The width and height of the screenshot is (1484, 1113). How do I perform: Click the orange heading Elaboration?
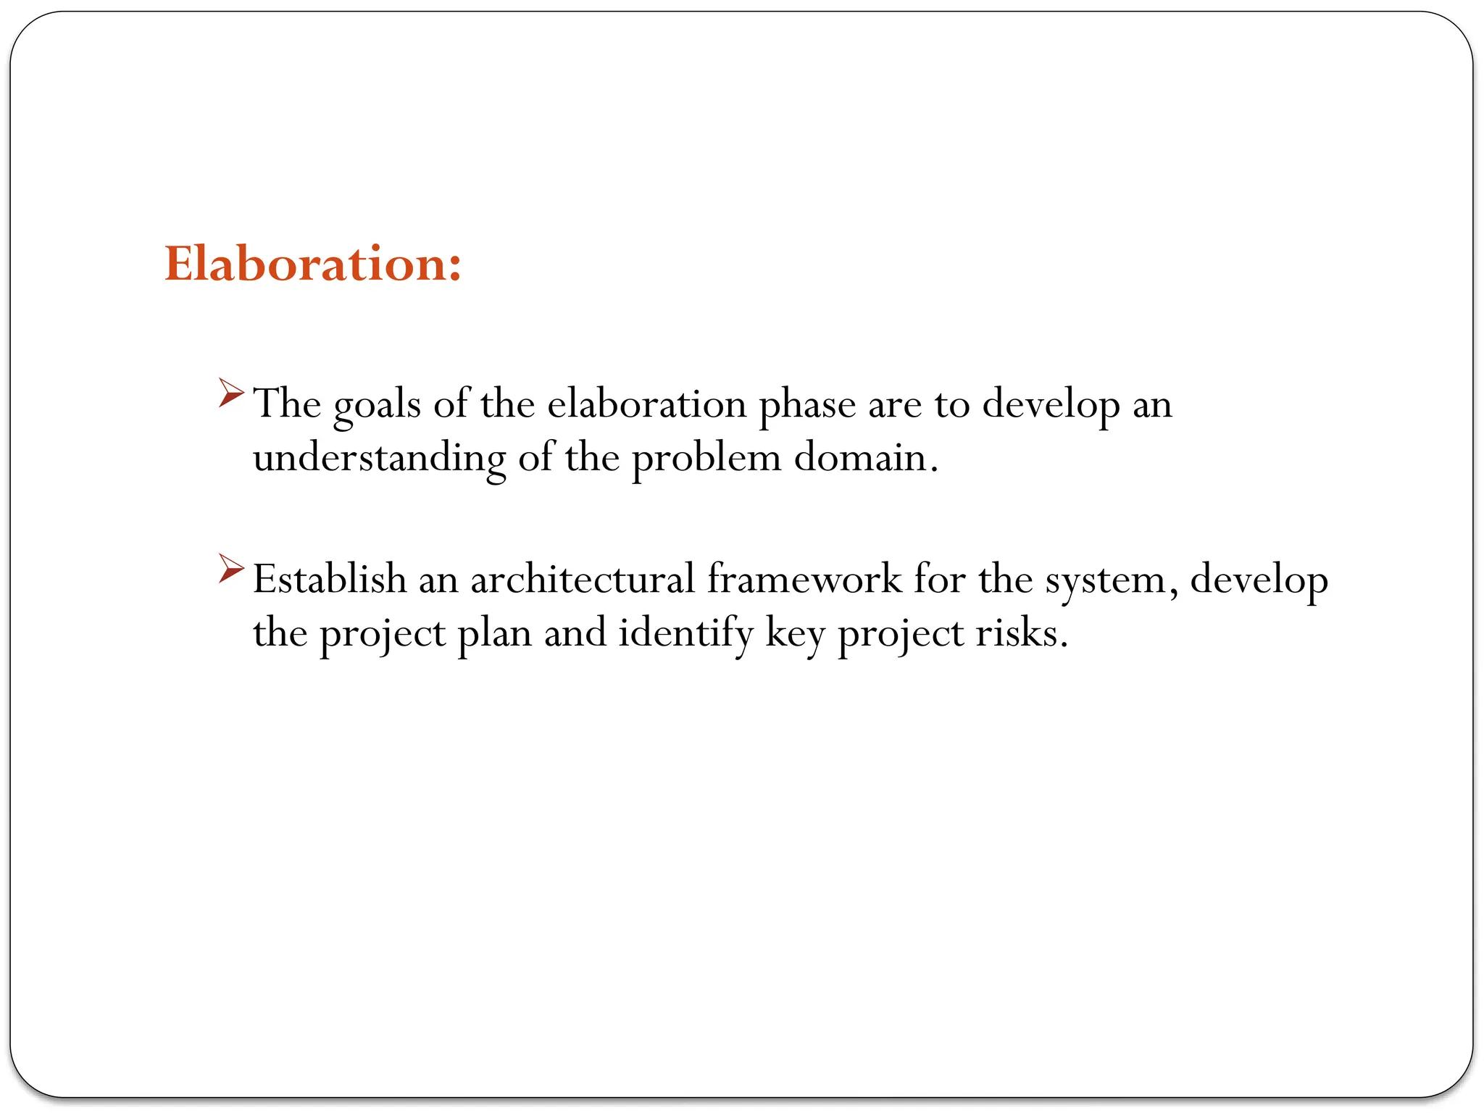click(312, 264)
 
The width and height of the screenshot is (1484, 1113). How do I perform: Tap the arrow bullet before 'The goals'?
click(231, 393)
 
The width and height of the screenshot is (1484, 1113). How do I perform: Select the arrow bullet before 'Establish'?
click(231, 569)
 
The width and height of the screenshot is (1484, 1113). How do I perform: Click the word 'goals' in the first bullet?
click(377, 404)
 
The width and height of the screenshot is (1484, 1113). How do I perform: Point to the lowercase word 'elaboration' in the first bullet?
click(646, 404)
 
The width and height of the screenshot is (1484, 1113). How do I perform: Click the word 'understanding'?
click(379, 458)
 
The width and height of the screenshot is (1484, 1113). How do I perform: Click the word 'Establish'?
click(330, 579)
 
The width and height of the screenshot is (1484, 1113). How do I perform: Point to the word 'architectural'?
click(583, 579)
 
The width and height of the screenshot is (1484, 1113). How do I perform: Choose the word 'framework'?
click(804, 579)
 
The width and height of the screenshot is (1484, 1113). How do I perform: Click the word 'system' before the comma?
click(1104, 580)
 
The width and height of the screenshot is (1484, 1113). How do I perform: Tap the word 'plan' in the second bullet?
click(494, 633)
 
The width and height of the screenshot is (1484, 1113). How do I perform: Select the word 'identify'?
click(685, 633)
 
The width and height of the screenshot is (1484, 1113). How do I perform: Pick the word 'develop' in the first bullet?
click(1051, 404)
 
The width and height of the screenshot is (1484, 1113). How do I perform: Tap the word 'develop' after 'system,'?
click(1259, 580)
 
